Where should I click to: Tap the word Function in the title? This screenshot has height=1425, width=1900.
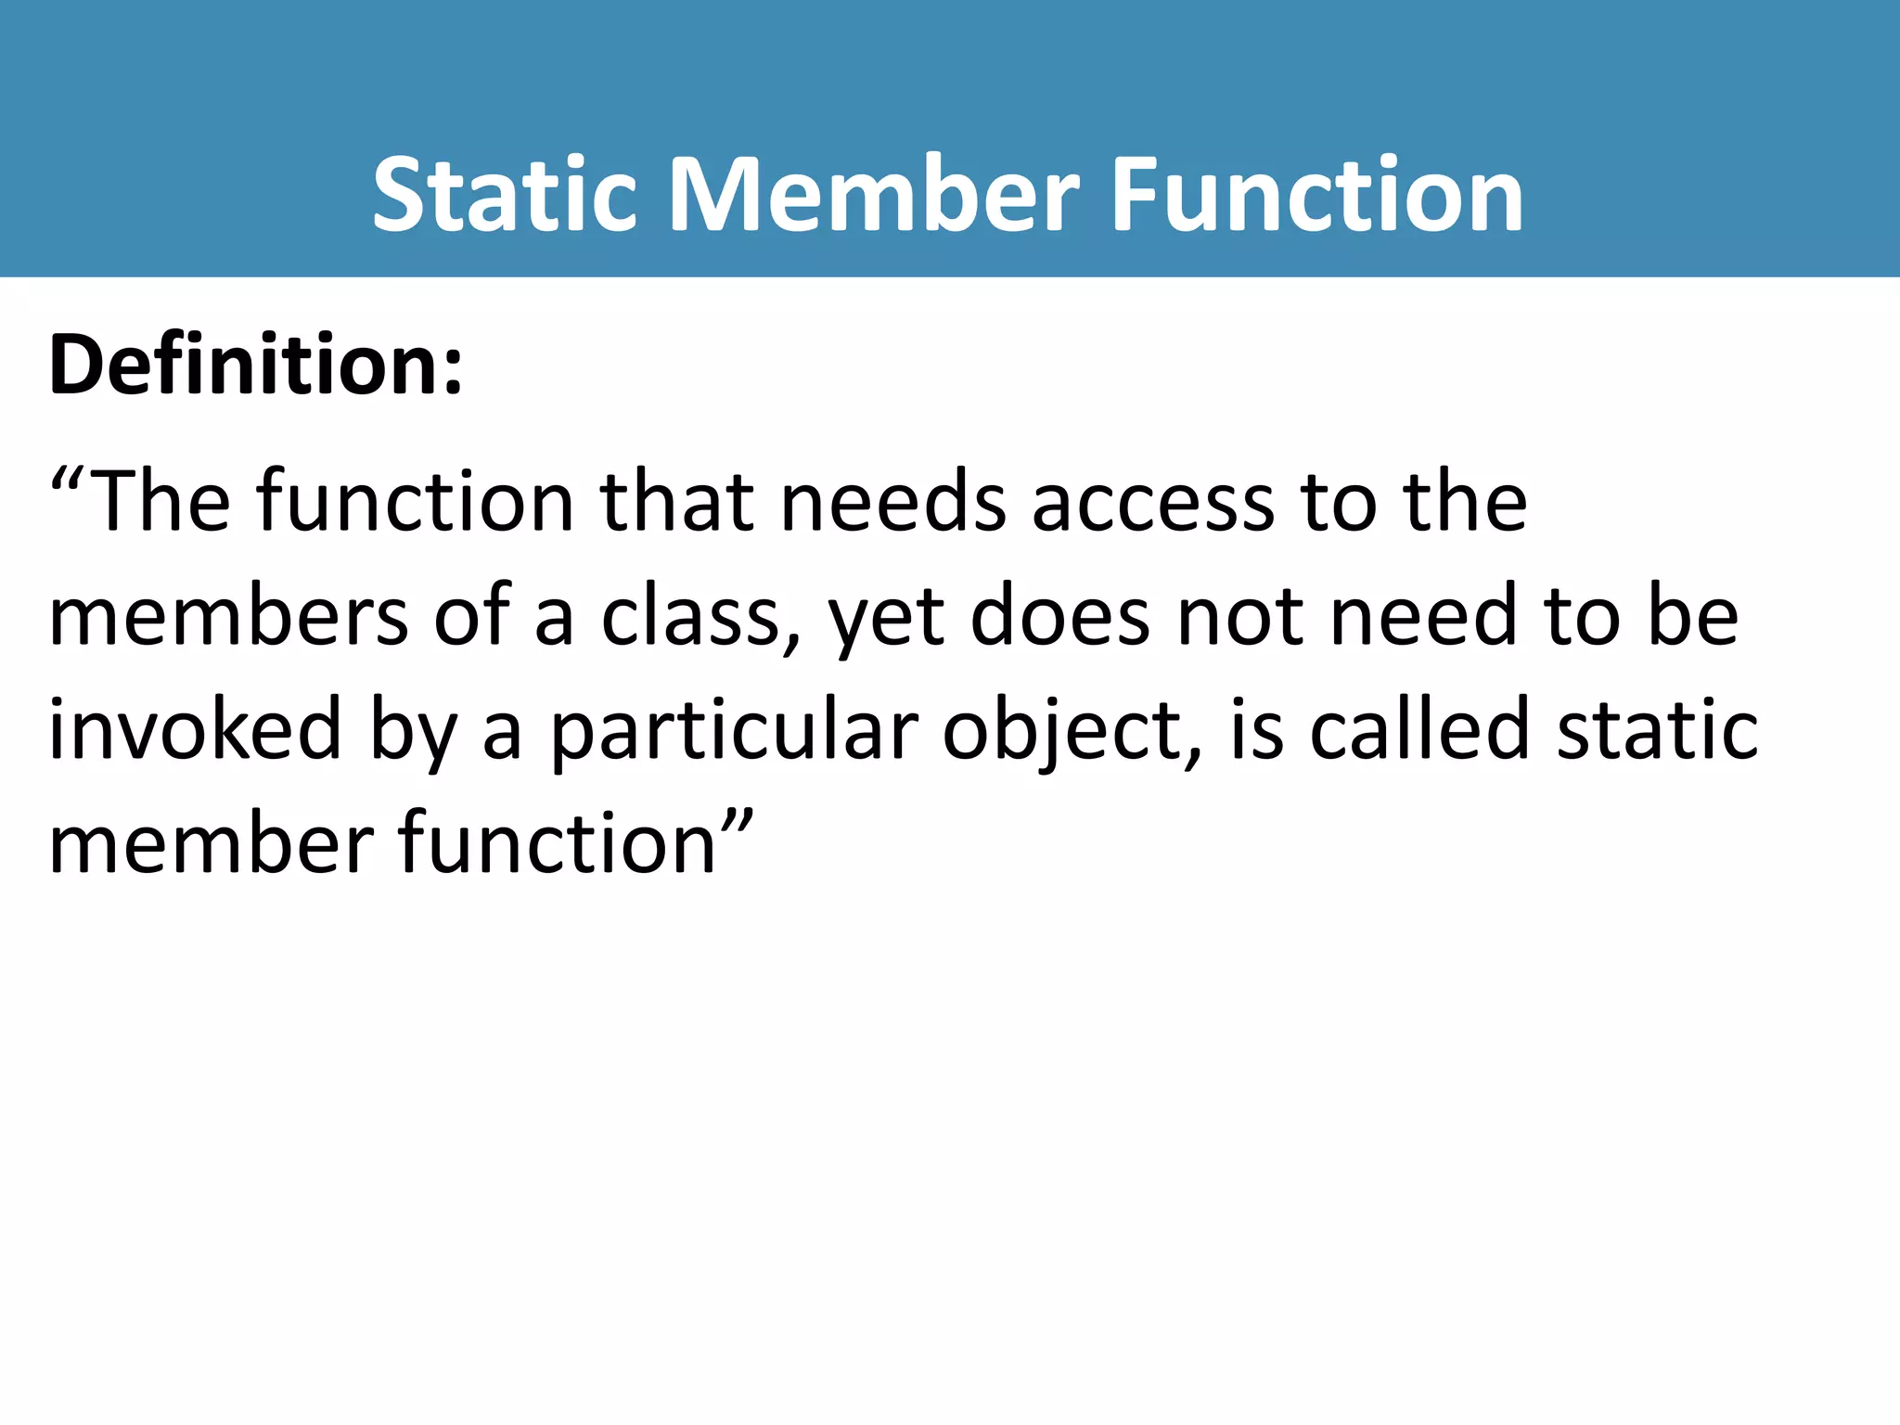coord(1317,195)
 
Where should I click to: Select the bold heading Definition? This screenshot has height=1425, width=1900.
coord(256,365)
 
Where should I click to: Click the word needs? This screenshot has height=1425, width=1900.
coord(892,502)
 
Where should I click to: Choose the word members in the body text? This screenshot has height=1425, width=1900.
coord(228,616)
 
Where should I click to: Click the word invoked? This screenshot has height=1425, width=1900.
coord(196,730)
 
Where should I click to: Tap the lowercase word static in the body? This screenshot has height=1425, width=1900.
coord(1657,730)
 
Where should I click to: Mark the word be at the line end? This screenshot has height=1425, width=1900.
coord(1692,616)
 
